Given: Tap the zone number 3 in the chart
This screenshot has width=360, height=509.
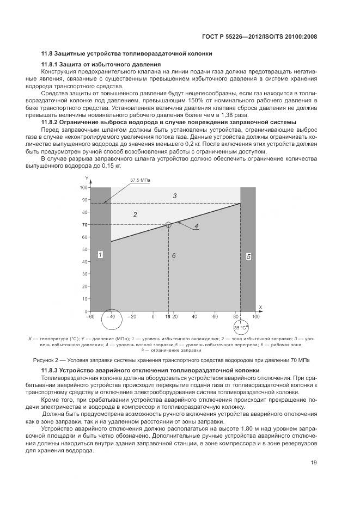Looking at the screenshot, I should click(174, 195).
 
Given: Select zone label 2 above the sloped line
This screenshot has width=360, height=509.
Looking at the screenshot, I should click(135, 214).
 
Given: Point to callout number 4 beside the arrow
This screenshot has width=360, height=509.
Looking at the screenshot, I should click(196, 225).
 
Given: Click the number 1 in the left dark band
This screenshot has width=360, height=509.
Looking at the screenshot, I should click(101, 254).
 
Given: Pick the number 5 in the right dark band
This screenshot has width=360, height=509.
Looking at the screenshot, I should click(248, 256).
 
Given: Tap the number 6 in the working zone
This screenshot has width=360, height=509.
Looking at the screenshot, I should click(174, 255).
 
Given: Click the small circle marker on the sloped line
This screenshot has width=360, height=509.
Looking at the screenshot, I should click(168, 224).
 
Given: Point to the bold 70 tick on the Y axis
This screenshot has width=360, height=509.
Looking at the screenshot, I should click(84, 225).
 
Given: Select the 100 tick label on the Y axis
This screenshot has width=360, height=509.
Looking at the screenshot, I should click(83, 187).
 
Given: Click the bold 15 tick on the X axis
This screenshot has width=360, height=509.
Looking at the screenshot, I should click(168, 316).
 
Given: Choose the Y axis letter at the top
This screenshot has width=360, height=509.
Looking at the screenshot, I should click(87, 179).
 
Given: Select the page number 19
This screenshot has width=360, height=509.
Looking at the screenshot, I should click(314, 463).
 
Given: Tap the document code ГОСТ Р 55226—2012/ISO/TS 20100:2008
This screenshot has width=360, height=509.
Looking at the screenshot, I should click(259, 36).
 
